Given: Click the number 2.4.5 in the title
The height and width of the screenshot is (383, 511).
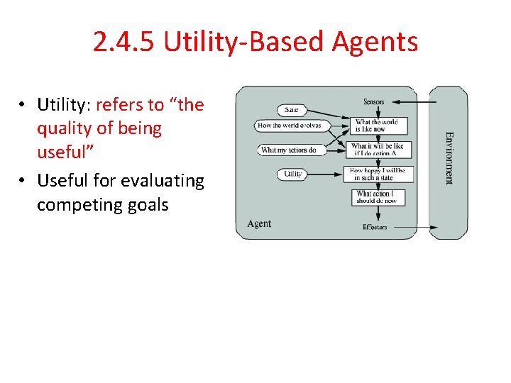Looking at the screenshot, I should click(125, 43).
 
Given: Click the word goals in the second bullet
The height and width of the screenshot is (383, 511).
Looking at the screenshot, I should click(145, 206).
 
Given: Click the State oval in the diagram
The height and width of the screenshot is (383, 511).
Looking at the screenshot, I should click(291, 110).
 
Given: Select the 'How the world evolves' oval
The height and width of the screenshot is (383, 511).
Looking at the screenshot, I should click(289, 126).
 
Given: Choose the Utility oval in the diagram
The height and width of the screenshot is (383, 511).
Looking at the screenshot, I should click(292, 174).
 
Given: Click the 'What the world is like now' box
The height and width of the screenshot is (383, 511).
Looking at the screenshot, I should click(380, 126).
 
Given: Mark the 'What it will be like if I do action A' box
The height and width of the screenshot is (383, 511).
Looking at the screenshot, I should click(380, 150).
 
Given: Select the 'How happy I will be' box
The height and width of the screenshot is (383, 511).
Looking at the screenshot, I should click(380, 174).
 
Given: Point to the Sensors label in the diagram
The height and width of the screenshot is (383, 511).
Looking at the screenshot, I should click(373, 102).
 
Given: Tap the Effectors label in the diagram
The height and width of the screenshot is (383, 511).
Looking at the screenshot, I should click(374, 227).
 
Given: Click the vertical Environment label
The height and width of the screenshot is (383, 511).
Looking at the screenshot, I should click(449, 157).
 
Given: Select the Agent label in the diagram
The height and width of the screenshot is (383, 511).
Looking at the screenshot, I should click(259, 223).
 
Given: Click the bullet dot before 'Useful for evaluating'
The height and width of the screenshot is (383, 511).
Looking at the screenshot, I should click(23, 182).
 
